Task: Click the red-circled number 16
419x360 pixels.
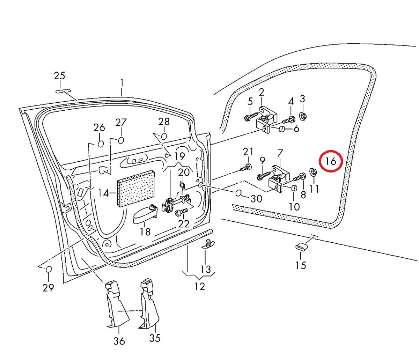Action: coord(331,161)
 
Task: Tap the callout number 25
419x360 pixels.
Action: coord(59,76)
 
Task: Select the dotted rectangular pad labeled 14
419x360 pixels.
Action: coord(137,189)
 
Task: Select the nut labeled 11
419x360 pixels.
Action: coord(313,172)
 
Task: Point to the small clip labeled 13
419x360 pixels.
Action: coord(208,243)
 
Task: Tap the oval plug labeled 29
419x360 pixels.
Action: coord(49,269)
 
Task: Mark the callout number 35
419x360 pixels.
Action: coord(155,338)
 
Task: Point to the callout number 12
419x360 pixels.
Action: coord(200,286)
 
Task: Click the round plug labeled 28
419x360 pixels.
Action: coord(164,136)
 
